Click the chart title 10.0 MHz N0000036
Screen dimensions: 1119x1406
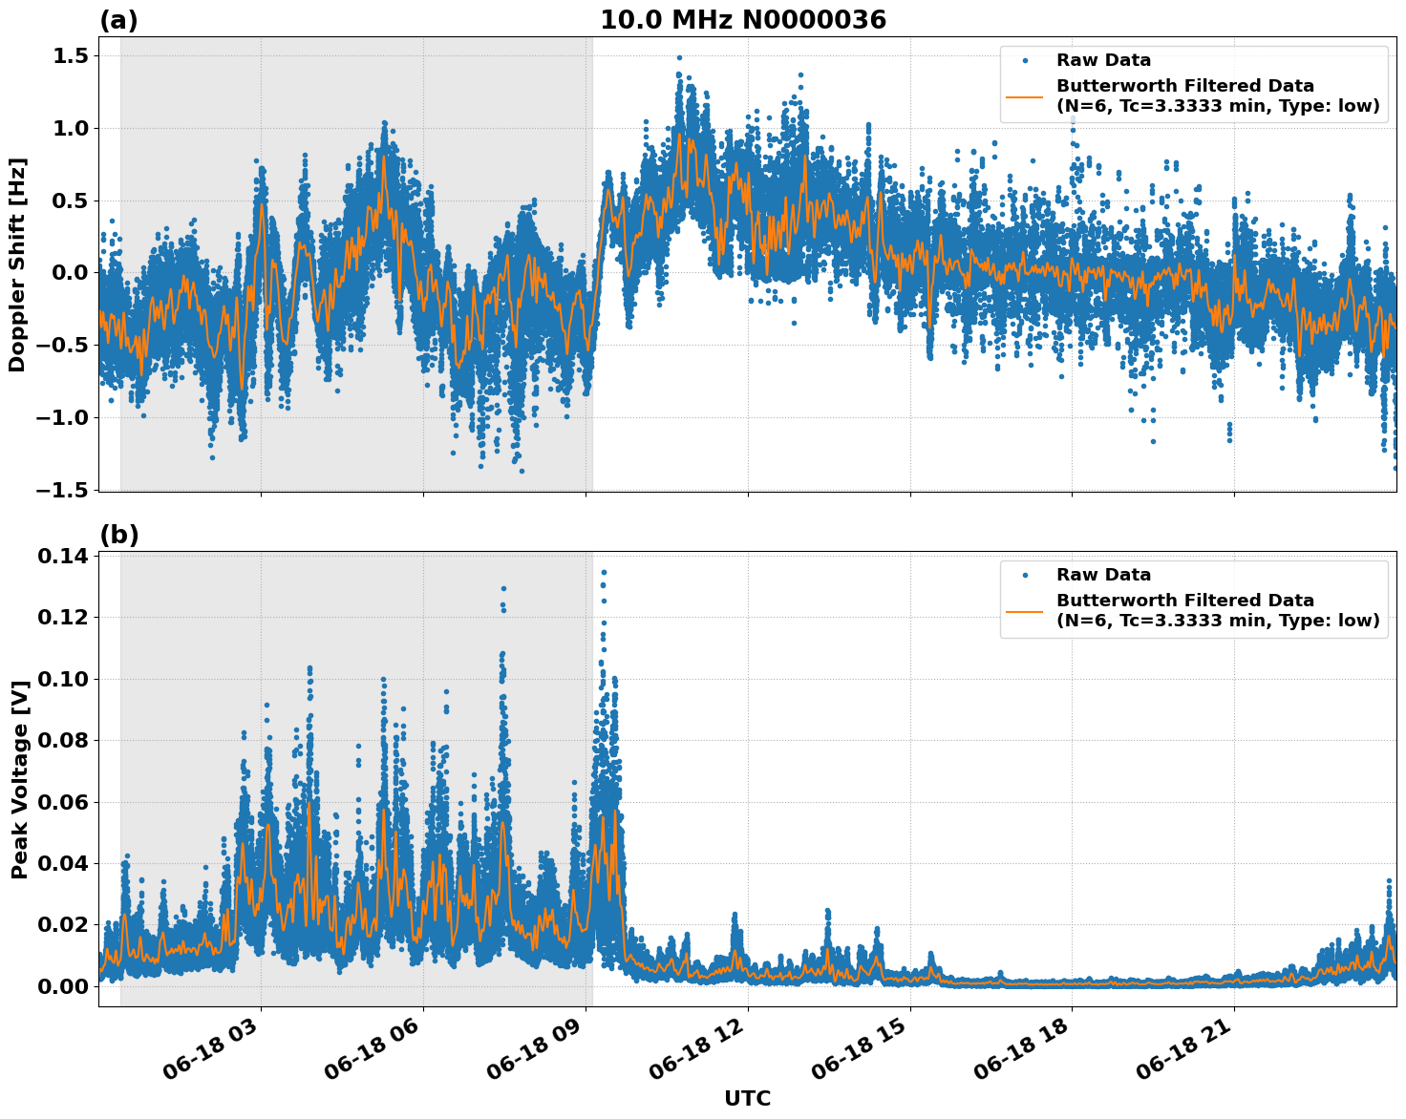[x=743, y=20]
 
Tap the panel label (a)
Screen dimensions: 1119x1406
[x=118, y=21]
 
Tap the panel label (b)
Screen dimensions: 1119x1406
[x=119, y=535]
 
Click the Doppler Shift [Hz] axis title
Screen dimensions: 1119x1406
[x=17, y=264]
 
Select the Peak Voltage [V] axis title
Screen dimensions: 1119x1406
[x=19, y=779]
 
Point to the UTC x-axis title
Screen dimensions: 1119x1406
[x=747, y=1098]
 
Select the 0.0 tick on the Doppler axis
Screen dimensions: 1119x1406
[x=68, y=273]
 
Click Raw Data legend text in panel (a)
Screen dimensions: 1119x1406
[x=1103, y=60]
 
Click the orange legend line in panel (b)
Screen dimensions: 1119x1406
[x=1026, y=611]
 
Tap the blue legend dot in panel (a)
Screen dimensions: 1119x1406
[x=1026, y=60]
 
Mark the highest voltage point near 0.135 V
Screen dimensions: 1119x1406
[x=604, y=572]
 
